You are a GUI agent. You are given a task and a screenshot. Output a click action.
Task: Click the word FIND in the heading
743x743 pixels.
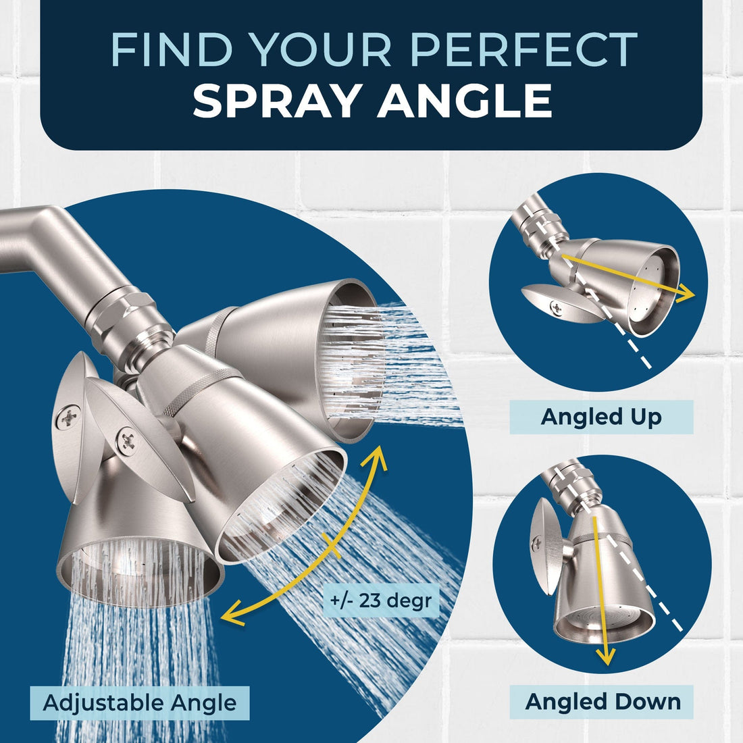point(172,49)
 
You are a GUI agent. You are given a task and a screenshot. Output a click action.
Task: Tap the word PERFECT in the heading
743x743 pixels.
point(523,49)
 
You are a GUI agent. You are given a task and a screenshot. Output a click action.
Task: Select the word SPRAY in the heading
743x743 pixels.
point(276,101)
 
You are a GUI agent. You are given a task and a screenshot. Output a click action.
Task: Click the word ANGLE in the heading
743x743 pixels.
point(465,101)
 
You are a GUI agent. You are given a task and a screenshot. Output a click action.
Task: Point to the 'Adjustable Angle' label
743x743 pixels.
point(140,702)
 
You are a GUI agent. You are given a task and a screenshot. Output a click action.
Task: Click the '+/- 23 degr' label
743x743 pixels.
point(381,601)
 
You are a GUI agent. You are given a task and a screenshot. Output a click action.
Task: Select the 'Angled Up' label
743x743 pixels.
point(601,417)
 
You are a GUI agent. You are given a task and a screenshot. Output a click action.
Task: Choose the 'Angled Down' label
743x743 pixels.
point(603,701)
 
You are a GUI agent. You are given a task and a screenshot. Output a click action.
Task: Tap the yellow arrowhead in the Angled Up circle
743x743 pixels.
point(685,294)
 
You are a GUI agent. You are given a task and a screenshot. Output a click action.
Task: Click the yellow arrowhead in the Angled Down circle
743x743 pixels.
point(605,657)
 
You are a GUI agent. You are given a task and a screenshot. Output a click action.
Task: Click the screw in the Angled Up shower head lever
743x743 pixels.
point(557,307)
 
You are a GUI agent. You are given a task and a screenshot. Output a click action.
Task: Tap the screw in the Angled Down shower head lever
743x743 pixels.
point(538,544)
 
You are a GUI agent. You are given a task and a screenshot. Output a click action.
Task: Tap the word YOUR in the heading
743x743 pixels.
point(321,49)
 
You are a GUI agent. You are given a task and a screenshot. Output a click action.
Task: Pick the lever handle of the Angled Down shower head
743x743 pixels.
point(542,546)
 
